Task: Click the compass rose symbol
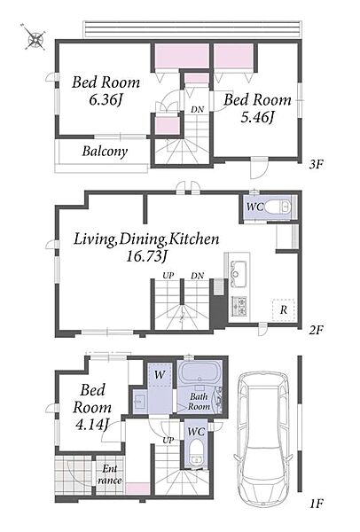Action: click(x=35, y=37)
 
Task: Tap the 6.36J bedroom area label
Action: click(x=106, y=100)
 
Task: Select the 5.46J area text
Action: click(x=257, y=117)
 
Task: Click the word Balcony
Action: click(x=105, y=152)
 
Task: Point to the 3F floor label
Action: click(x=316, y=165)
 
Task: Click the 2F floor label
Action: click(x=316, y=330)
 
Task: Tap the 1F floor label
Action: click(x=316, y=504)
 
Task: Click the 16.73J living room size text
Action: click(x=146, y=256)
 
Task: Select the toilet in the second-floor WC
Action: click(x=278, y=207)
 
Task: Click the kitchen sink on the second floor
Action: click(x=239, y=269)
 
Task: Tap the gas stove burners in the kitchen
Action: click(x=239, y=305)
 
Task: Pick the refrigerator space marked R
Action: click(x=284, y=309)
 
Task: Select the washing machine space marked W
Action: click(x=159, y=374)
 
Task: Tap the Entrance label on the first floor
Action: click(x=110, y=474)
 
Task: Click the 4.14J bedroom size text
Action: click(x=91, y=425)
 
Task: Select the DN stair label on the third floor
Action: click(x=197, y=109)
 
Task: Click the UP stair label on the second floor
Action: click(x=168, y=275)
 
